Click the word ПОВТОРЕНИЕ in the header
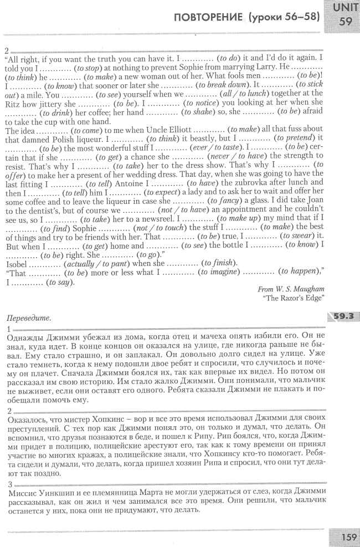click(x=208, y=17)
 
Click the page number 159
click(x=346, y=537)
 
